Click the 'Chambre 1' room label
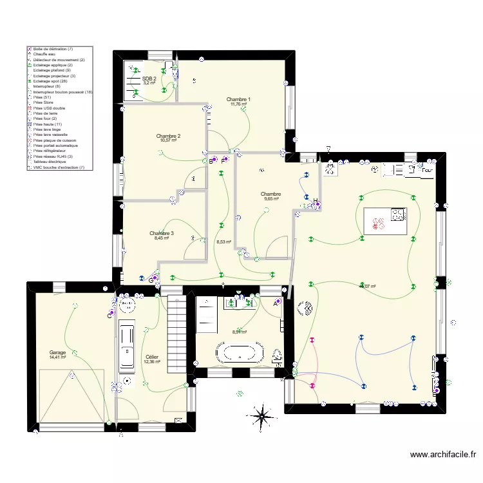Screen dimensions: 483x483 (240, 99)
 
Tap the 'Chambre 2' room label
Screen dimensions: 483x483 (168, 136)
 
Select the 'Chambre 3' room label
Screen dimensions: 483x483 (161, 233)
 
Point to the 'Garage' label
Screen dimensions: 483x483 (57, 353)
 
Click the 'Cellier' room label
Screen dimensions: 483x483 (152, 357)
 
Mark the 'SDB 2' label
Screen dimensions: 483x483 (149, 79)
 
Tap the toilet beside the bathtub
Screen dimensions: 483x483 (278, 355)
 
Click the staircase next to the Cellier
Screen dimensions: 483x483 (176, 329)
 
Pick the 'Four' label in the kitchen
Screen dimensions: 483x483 (426, 171)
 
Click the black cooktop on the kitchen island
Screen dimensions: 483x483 (398, 215)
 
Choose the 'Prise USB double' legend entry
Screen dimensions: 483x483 (48, 108)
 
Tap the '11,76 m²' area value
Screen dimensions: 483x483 (238, 104)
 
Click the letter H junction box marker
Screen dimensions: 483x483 (316, 201)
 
